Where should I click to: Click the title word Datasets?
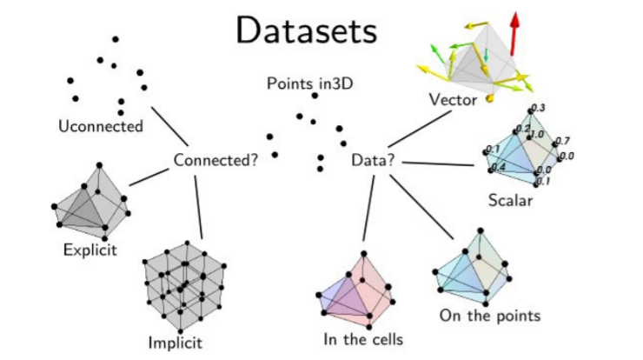[307, 31]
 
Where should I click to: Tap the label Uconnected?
[100, 127]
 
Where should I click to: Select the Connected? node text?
[215, 160]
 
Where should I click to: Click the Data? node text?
[375, 160]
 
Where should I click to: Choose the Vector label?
[453, 100]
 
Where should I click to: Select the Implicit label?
[176, 342]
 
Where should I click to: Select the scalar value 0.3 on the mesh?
[537, 107]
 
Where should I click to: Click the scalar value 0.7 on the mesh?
[561, 140]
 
